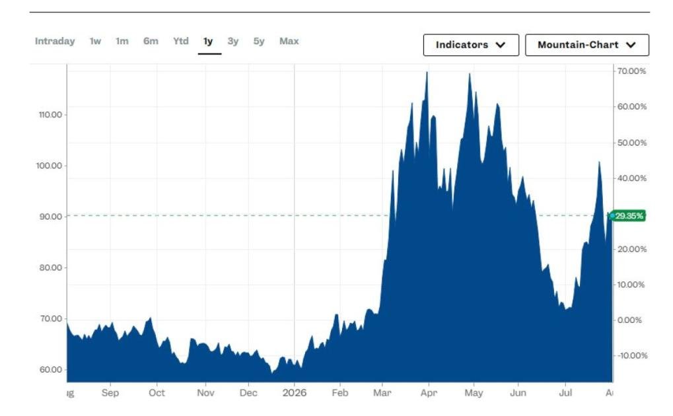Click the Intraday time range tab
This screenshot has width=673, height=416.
coord(55,41)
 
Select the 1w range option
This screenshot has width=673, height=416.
coord(95,41)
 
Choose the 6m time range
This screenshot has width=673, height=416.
coord(151,41)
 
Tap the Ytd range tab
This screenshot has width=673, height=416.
coord(181,41)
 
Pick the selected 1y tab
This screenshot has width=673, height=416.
coord(208,41)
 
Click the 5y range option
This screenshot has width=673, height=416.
coord(259,41)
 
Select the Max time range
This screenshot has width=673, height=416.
coord(289,41)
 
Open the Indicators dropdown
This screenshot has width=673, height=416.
coord(471,45)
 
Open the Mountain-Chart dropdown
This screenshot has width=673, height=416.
coord(586,45)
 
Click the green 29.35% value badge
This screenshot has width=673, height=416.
coord(628,215)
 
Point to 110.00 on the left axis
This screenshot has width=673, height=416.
coord(50,115)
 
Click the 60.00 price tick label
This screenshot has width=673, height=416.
coord(51,370)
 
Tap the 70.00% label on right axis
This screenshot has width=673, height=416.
coord(631,71)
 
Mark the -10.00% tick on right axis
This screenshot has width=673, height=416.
coord(631,355)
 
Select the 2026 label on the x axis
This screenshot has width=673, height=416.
coord(295,393)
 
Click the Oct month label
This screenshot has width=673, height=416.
coord(157,393)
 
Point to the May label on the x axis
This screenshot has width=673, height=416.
coord(474,393)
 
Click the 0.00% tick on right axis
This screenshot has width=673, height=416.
coord(629,320)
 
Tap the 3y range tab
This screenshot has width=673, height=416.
coord(233,41)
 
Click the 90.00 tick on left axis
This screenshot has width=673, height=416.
coord(51,217)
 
